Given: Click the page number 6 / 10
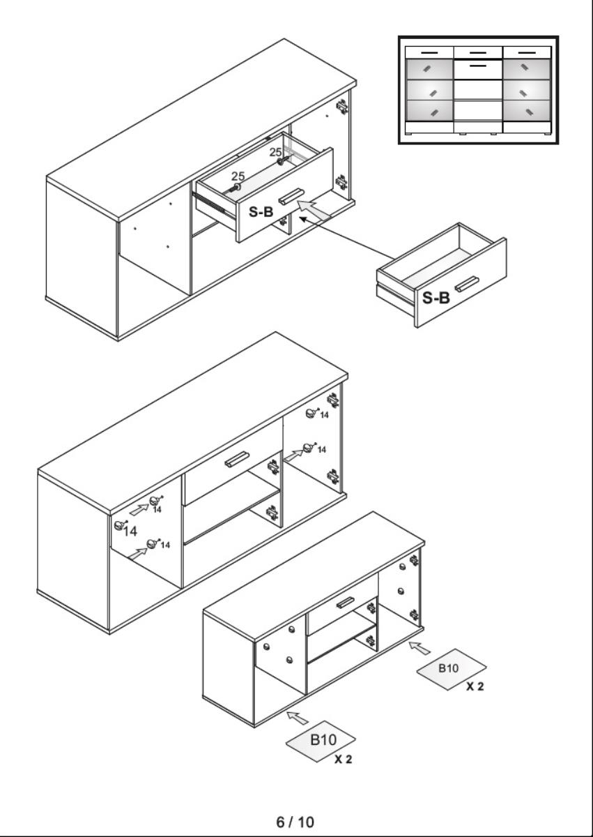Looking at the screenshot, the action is tap(295, 822).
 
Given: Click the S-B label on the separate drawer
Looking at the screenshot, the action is tap(436, 298).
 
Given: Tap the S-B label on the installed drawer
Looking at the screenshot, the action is tap(261, 212).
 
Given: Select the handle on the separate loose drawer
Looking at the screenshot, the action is tap(467, 283).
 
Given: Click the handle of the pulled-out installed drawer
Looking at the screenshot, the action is tap(291, 197).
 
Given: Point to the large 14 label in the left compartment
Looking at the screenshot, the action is tap(130, 531).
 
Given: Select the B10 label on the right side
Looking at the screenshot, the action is tap(448, 668).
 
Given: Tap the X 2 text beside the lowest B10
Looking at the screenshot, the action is tap(343, 759).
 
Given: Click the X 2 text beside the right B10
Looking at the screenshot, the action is tap(475, 686).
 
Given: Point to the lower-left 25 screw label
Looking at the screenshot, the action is tap(238, 176).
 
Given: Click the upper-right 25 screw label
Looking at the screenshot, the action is tap(275, 152).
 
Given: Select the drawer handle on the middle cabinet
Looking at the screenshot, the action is tap(237, 459).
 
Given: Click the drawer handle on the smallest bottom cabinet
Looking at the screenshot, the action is tap(345, 603).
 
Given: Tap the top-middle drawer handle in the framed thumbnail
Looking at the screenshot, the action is tap(478, 53).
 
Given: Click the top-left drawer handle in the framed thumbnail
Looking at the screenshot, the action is tap(429, 53).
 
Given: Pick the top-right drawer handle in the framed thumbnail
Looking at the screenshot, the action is tap(527, 53).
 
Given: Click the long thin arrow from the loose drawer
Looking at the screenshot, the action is tap(347, 238).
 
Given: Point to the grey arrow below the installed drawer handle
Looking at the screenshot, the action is tap(314, 209).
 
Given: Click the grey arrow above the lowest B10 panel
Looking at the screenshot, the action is tap(298, 718).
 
